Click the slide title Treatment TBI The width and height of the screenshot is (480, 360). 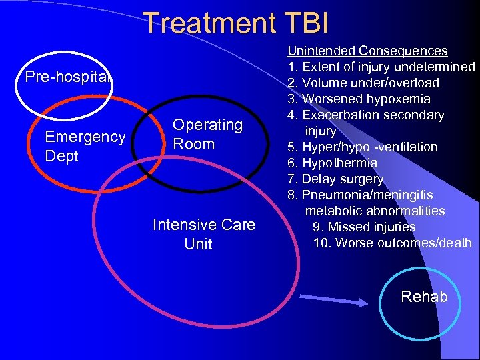pos(236,22)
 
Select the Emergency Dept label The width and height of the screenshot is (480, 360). pos(85,146)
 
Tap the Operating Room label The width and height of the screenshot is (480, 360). pos(207,134)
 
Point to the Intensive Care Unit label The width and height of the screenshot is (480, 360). pos(203,234)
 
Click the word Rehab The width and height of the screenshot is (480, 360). pos(424,297)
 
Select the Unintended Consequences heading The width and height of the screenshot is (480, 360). pos(367,51)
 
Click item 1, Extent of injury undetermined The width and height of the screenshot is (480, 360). pos(381,67)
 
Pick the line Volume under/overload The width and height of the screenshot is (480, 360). pos(363,83)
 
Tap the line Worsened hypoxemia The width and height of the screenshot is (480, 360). pos(359,99)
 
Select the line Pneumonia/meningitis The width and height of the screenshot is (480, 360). pos(360,195)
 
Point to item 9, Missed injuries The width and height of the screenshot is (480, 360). pos(364,227)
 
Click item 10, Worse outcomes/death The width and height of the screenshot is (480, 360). pos(392,243)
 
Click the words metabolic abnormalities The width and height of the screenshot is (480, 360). pos(375,211)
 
